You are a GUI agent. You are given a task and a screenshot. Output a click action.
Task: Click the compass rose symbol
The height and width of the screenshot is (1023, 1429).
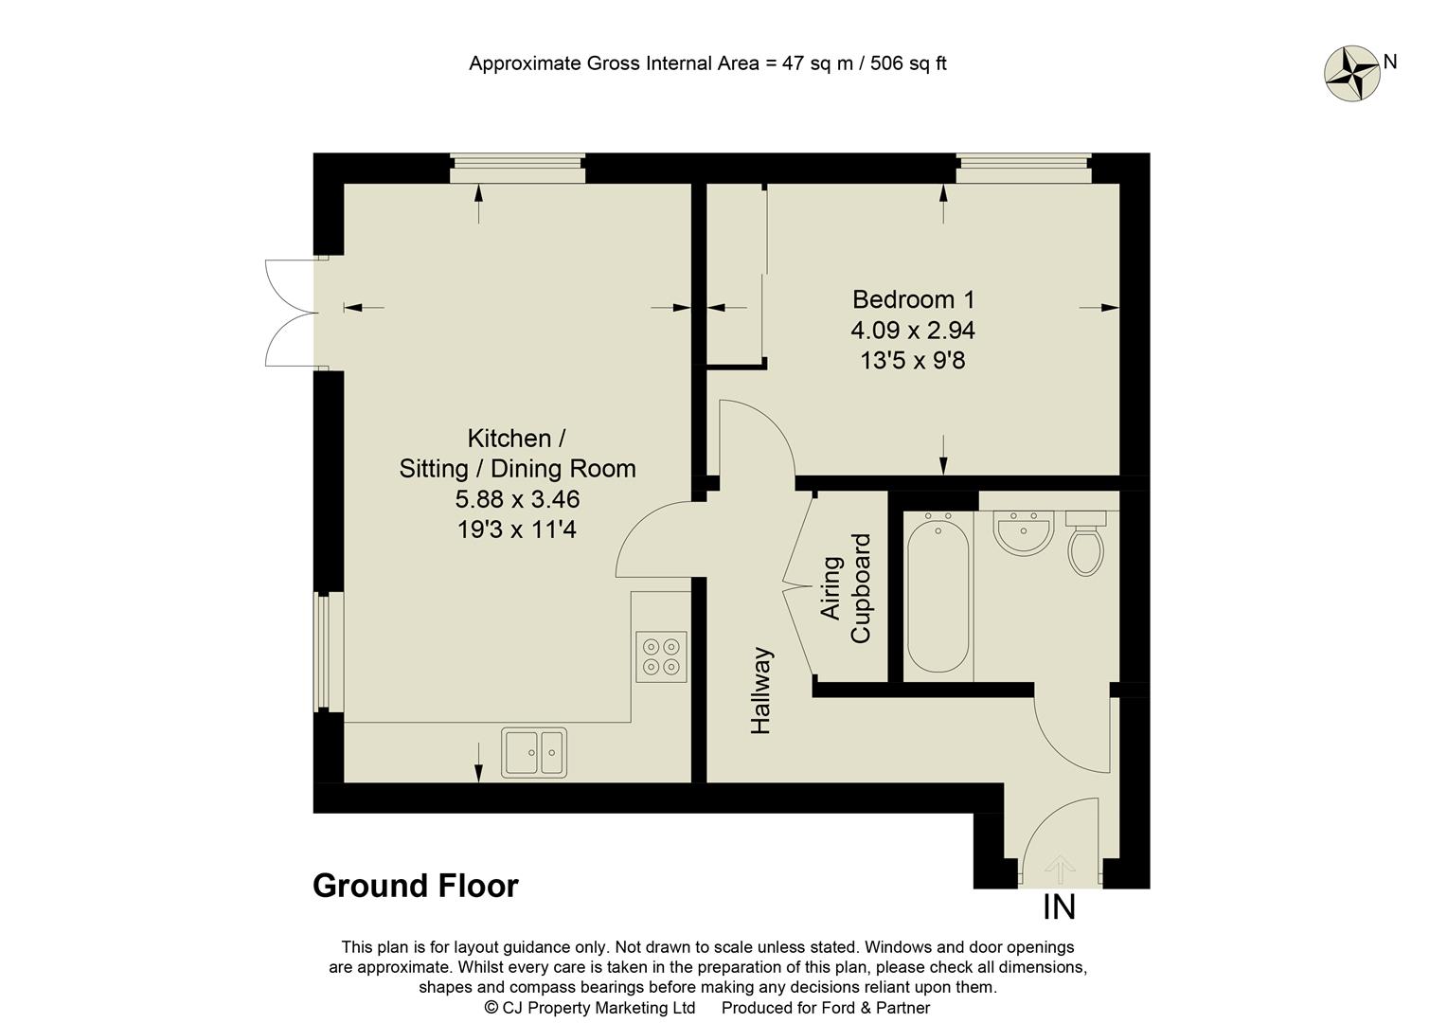[1350, 73]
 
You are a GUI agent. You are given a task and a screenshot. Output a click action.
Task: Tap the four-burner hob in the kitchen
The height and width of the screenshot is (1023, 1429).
[661, 656]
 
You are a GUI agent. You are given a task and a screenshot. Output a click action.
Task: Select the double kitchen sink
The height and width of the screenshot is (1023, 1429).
[534, 752]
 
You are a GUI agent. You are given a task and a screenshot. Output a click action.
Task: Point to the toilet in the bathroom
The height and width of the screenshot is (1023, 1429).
[1085, 546]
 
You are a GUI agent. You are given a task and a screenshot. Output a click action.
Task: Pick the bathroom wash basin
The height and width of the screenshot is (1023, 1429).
[1023, 532]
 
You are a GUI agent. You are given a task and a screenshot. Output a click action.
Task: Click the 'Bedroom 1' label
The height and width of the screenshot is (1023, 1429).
[913, 299]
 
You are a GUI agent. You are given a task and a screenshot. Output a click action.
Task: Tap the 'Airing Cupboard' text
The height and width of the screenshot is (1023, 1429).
[846, 589]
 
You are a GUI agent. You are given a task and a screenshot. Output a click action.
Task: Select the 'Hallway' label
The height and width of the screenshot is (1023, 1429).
[761, 691]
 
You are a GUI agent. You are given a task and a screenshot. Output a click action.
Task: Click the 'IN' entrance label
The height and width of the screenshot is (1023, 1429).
[1059, 907]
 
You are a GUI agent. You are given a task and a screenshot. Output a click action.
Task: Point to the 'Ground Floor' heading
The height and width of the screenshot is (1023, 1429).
[416, 887]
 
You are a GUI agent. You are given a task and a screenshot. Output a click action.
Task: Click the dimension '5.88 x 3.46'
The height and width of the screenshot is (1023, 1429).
[517, 499]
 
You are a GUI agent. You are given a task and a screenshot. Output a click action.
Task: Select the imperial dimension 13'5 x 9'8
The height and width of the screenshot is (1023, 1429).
[913, 361]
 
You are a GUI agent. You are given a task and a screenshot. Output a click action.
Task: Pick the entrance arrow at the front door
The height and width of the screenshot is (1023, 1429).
[1060, 867]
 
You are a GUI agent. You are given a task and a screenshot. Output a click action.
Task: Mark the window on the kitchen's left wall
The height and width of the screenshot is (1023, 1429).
[325, 652]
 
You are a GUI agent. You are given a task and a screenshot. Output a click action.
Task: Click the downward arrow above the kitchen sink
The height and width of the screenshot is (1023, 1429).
[478, 762]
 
